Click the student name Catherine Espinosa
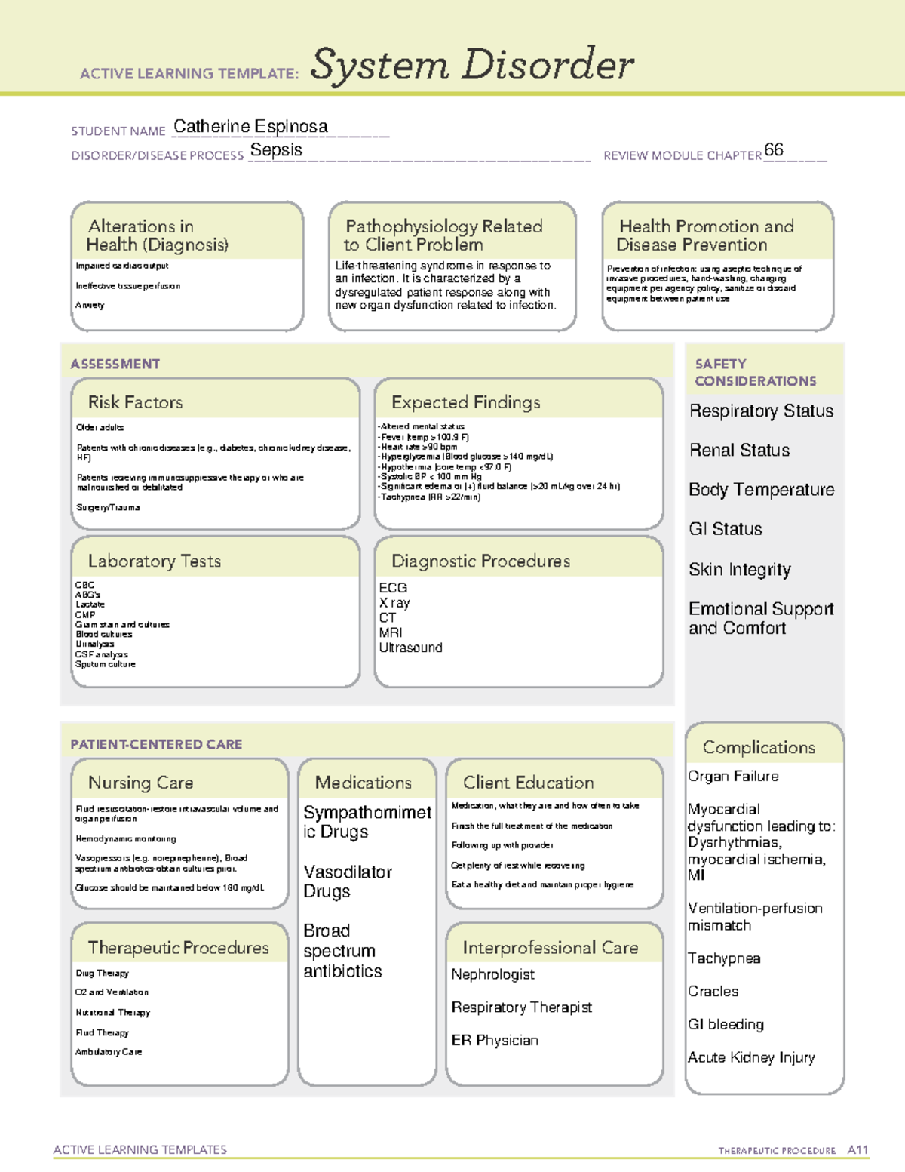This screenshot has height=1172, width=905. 250,127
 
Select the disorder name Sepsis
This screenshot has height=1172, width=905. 276,150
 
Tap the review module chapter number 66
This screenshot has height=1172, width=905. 774,149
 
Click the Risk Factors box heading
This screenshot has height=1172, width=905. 136,402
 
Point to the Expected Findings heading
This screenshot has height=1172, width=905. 465,402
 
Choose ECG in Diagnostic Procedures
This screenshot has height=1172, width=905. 393,588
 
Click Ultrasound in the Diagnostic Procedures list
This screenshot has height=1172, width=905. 410,648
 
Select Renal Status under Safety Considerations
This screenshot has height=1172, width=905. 739,451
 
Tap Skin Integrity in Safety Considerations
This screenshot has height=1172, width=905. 739,570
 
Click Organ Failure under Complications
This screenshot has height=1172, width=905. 733,776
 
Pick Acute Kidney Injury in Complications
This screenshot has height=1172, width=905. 751,1057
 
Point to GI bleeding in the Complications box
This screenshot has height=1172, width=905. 726,1024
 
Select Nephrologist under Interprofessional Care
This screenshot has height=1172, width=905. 492,974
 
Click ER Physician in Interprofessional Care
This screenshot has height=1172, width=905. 495,1040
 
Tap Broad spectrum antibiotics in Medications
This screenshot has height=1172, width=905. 342,951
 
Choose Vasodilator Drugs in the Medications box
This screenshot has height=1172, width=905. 348,881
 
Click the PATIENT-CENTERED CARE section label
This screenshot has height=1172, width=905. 156,744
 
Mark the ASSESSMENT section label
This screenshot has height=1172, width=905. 115,364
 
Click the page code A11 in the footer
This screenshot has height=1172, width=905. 857,1150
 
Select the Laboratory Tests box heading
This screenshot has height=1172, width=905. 155,561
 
